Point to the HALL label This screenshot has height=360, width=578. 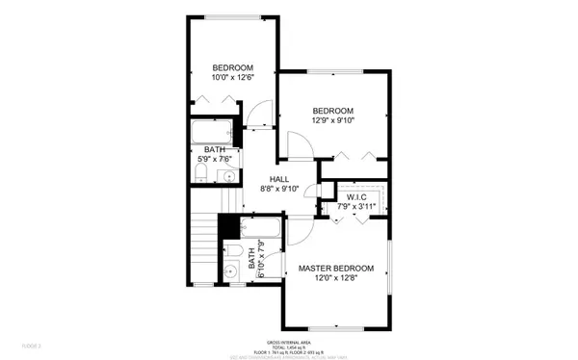279,179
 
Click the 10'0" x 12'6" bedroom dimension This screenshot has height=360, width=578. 232,78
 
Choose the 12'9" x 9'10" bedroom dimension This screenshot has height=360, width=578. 333,121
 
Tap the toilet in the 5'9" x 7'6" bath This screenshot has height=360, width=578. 198,173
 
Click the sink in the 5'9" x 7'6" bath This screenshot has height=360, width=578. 227,174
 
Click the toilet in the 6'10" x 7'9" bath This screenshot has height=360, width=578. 234,253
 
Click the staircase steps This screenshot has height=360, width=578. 201,246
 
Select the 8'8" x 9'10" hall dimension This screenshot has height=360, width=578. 279,190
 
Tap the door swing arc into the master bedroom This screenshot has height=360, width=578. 297,232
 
